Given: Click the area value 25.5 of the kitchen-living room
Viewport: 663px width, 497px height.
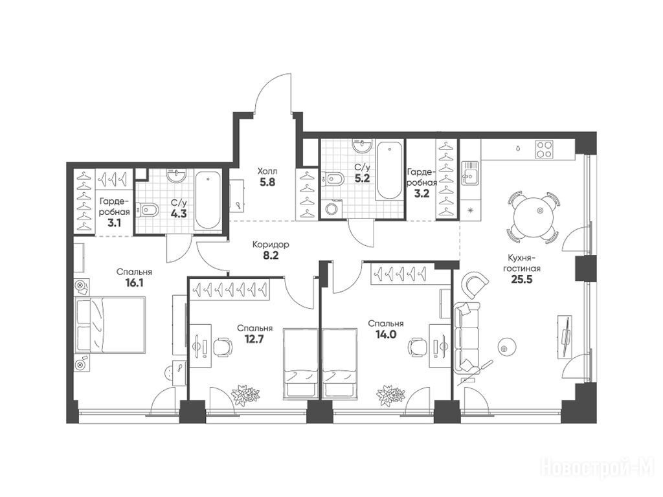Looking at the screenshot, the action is (x=521, y=280).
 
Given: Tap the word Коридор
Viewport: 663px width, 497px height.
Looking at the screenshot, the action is (x=271, y=244).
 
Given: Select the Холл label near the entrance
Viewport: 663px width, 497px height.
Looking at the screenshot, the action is (x=267, y=171).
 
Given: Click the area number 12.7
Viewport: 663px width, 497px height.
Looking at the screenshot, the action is (x=254, y=338).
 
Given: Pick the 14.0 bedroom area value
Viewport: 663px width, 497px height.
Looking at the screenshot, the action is (x=385, y=335).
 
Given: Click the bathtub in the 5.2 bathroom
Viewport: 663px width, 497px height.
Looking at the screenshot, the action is (x=389, y=170).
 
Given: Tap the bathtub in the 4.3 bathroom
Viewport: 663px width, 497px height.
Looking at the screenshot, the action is (x=208, y=201).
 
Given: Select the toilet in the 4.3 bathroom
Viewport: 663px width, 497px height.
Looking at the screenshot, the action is (x=148, y=209).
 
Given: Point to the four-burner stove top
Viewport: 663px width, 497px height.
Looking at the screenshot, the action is (x=544, y=149).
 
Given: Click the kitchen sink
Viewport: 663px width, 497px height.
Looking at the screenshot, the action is (x=470, y=173).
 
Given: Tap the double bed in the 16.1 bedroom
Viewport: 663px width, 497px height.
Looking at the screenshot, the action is (x=110, y=325).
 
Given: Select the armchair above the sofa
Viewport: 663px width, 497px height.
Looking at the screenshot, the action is (x=476, y=284).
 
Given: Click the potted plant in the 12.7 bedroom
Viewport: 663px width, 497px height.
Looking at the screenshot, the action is (x=245, y=395).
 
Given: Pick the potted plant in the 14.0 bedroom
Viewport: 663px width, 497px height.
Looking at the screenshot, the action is (x=390, y=395).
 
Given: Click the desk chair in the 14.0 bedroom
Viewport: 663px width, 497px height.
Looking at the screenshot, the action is (x=417, y=348).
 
